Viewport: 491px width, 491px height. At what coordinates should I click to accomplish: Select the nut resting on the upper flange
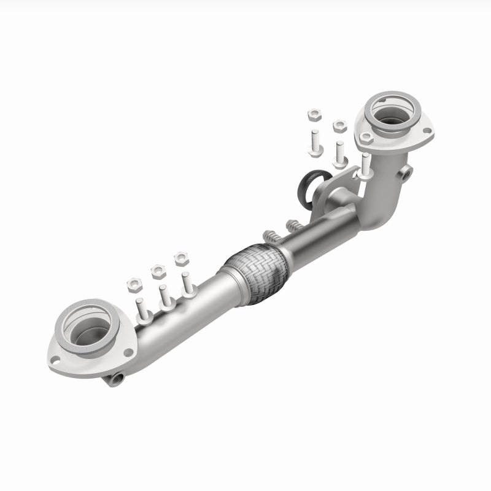tap(366, 137)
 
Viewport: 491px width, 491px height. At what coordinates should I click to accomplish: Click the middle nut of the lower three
tap(158, 271)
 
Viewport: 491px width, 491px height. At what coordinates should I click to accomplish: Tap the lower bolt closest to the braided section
tap(187, 286)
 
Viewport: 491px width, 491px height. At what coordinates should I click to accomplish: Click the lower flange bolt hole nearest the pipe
tap(128, 352)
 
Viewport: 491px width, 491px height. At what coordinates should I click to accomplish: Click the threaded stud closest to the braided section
tap(270, 236)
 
